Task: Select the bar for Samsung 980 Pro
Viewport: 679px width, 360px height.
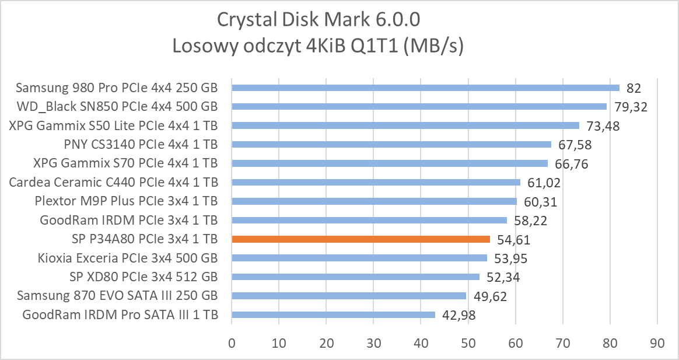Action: pos(425,88)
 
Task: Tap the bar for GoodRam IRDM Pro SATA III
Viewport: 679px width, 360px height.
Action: pos(333,314)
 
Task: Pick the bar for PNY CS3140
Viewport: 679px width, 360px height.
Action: pos(391,144)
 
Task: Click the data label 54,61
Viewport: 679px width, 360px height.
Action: pos(514,240)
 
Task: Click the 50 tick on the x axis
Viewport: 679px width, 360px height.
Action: pos(468,344)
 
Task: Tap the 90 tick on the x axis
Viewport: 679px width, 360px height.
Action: pos(657,344)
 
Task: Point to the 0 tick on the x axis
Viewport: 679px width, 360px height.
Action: pos(232,344)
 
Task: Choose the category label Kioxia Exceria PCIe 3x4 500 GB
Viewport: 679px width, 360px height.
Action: pos(128,258)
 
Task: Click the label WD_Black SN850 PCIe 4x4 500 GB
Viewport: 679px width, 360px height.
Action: pos(117,107)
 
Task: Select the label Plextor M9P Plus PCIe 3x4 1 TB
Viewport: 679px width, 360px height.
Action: pos(127,201)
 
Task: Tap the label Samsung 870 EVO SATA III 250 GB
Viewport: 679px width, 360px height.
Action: pos(118,296)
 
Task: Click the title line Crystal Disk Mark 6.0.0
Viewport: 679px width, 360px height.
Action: pos(318,19)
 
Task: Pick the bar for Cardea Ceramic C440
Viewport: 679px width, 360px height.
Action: pos(376,182)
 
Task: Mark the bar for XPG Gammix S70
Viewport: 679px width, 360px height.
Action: pos(390,163)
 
